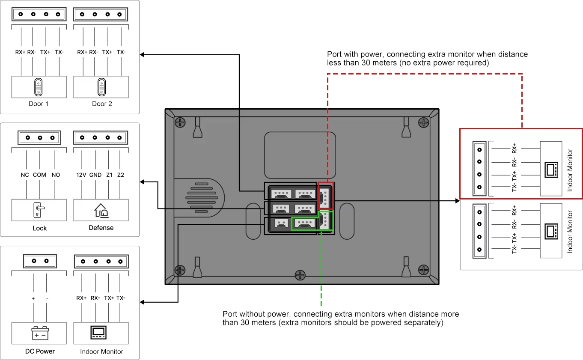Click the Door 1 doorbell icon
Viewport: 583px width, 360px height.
[x=39, y=87]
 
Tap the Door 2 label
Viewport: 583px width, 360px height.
[x=101, y=104]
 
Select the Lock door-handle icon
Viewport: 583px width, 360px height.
[x=39, y=210]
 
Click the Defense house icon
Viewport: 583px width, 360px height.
[x=101, y=210]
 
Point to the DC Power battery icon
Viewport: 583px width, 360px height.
[x=40, y=333]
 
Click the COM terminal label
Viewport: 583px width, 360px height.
[x=39, y=175]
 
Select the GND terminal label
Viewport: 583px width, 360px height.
[x=95, y=175]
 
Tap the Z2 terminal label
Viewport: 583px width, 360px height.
[x=120, y=175]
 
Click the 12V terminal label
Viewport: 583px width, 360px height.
[x=81, y=175]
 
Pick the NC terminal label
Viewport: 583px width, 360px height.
[x=25, y=175]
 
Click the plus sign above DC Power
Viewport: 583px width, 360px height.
[x=33, y=298]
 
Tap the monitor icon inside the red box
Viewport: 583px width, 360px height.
[x=550, y=169]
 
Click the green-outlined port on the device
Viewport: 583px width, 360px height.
[x=305, y=223]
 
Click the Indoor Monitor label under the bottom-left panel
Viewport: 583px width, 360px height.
[x=101, y=351]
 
